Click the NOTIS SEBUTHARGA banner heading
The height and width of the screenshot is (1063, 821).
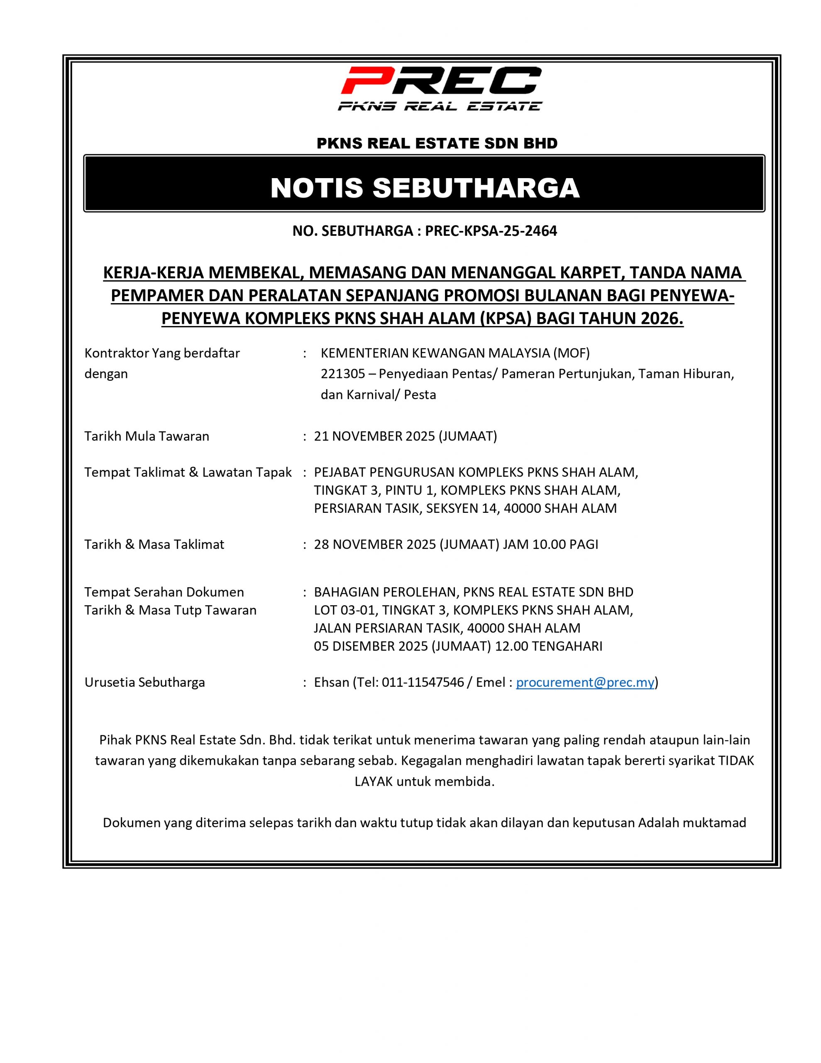point(424,188)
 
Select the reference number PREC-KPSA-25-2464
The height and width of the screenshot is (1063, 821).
point(491,231)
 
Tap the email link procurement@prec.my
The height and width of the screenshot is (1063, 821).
point(584,682)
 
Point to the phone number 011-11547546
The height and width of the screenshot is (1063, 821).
point(423,682)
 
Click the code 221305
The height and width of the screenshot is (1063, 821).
point(342,374)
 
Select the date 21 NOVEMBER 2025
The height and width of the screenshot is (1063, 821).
point(374,436)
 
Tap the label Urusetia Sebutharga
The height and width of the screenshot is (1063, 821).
point(144,682)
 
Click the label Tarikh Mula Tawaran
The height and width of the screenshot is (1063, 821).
point(147,436)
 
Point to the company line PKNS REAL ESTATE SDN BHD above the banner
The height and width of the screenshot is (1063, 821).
point(437,143)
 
